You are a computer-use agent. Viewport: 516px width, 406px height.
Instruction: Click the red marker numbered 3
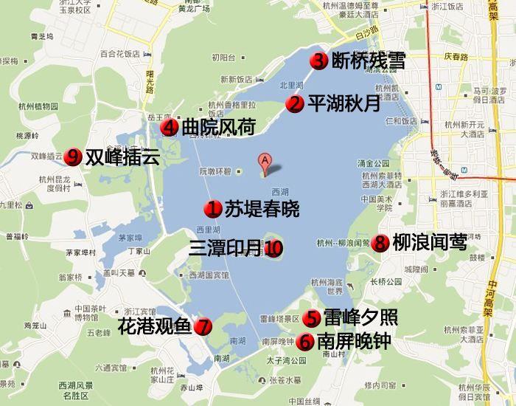pyautogui.click(x=318, y=61)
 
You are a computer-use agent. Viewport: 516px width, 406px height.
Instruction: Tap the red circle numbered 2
pyautogui.click(x=295, y=104)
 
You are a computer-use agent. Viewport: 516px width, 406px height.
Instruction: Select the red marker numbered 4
pyautogui.click(x=170, y=128)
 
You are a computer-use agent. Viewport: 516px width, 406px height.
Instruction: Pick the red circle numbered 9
pyautogui.click(x=73, y=156)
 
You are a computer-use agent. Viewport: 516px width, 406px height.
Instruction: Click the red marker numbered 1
pyautogui.click(x=214, y=209)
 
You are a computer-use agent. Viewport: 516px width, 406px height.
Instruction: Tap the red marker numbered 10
pyautogui.click(x=273, y=249)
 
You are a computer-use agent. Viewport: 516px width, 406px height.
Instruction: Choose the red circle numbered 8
pyautogui.click(x=380, y=242)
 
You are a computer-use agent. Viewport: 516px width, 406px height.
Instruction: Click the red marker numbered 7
pyautogui.click(x=203, y=326)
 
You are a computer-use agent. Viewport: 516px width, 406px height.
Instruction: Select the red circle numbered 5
pyautogui.click(x=312, y=318)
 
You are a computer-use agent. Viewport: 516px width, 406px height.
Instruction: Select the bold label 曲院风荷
pyautogui.click(x=218, y=128)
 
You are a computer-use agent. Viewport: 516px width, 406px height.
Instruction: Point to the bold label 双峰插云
pyautogui.click(x=122, y=156)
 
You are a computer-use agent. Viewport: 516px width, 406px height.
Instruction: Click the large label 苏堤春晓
pyautogui.click(x=262, y=209)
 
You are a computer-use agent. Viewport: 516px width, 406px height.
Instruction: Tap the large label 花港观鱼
pyautogui.click(x=155, y=326)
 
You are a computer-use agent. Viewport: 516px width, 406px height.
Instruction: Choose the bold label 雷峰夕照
pyautogui.click(x=360, y=318)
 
